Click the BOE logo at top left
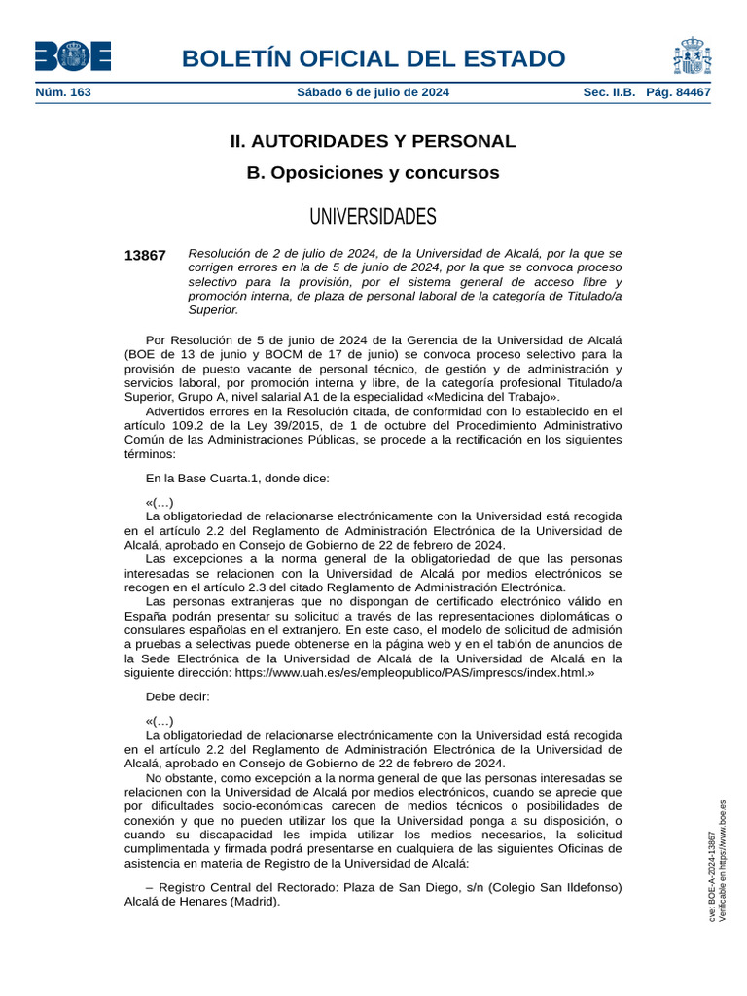73,56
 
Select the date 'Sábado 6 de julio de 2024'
373,92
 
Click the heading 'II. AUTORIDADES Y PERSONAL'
373,141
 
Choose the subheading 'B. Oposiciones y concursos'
373,173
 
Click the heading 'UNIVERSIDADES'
373,216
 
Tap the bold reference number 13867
145,255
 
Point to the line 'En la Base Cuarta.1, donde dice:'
237,478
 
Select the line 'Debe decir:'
177,696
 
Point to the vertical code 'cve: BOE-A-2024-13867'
712,876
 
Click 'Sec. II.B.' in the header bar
609,92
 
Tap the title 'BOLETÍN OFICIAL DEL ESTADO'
373,58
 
